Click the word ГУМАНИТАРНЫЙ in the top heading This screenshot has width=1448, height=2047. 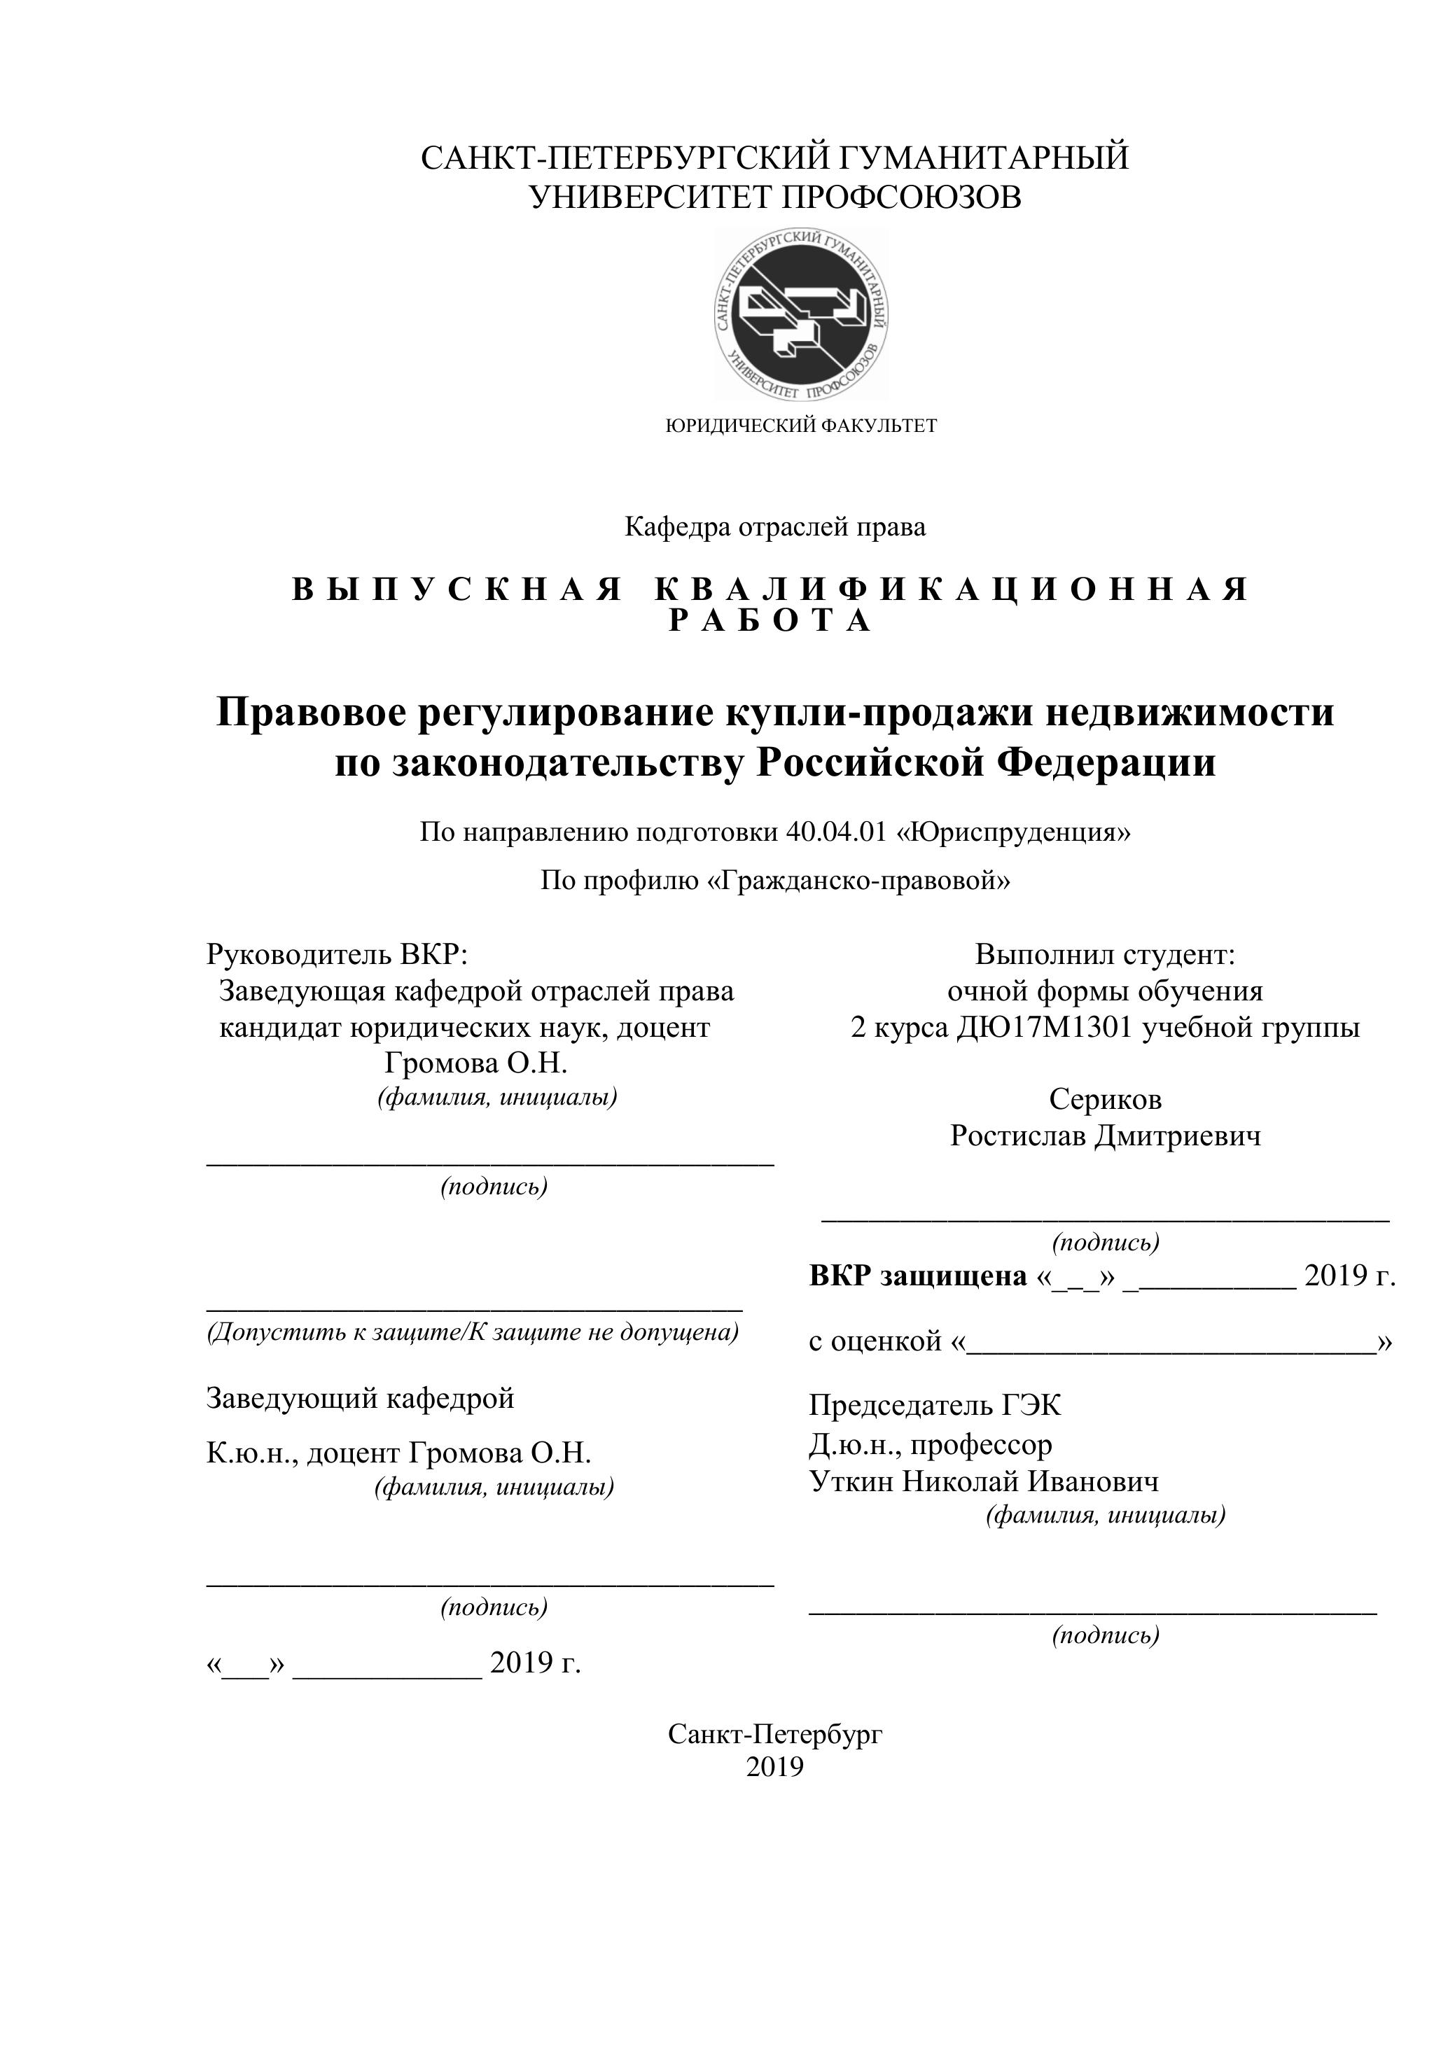pos(984,158)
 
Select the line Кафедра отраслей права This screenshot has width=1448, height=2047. pos(775,527)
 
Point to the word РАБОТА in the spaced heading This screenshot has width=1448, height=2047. pos(771,620)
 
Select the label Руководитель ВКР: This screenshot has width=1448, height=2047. pos(337,954)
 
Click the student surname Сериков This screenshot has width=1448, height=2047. pos(1105,1099)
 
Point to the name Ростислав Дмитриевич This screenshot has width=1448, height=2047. pos(1105,1136)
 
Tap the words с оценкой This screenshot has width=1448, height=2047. pos(875,1340)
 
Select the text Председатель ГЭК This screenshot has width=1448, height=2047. pos(935,1405)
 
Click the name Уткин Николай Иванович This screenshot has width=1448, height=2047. pos(984,1482)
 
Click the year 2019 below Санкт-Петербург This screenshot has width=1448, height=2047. pos(775,1767)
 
